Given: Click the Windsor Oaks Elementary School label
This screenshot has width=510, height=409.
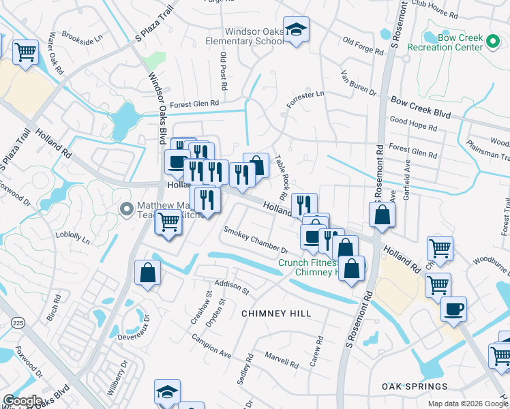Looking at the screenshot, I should [245, 36].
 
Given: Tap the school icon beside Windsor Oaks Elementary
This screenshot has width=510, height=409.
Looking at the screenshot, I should [296, 29].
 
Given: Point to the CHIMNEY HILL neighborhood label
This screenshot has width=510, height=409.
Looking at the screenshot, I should [276, 314].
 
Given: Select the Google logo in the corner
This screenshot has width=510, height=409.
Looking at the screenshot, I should [22, 401].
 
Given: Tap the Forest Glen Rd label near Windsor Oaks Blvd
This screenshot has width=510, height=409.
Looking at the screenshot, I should [194, 104].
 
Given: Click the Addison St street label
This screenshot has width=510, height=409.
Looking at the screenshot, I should [232, 286].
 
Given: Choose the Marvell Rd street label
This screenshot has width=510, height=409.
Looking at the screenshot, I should [282, 361].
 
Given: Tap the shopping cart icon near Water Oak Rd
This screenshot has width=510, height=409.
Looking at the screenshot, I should [25, 50].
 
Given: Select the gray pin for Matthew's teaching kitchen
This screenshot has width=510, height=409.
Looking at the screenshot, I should [125, 209].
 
